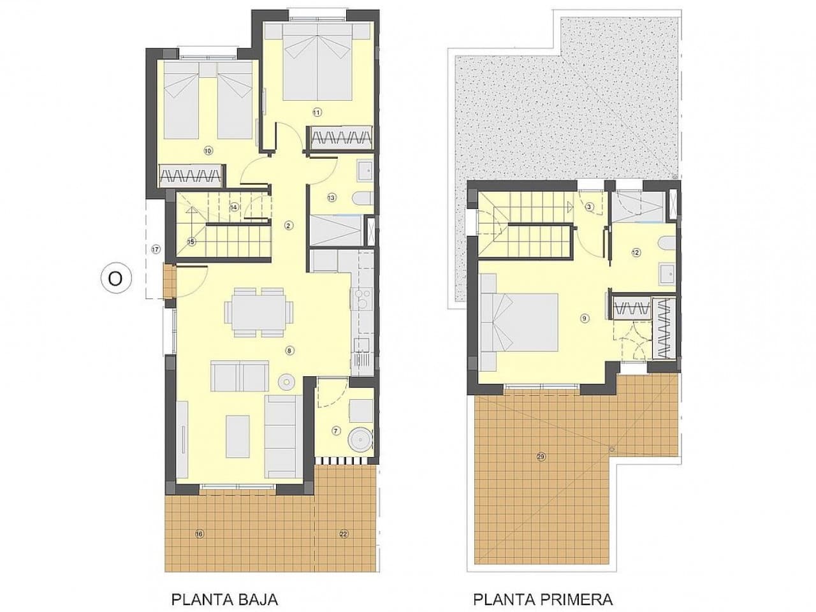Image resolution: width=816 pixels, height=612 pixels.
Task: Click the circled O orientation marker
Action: coord(115,279)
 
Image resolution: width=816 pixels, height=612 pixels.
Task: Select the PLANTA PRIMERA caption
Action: coord(543,599)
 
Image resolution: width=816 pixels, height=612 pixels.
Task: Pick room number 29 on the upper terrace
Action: coord(541,456)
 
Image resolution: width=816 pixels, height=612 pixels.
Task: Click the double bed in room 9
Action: coord(518,322)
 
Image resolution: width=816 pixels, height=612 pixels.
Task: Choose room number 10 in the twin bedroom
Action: coord(207,151)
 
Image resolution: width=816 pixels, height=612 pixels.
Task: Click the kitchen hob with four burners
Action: coord(361,298)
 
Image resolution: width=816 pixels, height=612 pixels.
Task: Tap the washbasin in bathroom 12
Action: coord(667,273)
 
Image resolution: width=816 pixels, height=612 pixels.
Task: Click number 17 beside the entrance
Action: coord(156,249)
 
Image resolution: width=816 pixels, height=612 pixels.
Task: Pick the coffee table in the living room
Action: coord(237,435)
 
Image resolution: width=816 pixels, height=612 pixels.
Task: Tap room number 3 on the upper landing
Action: coord(589,207)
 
